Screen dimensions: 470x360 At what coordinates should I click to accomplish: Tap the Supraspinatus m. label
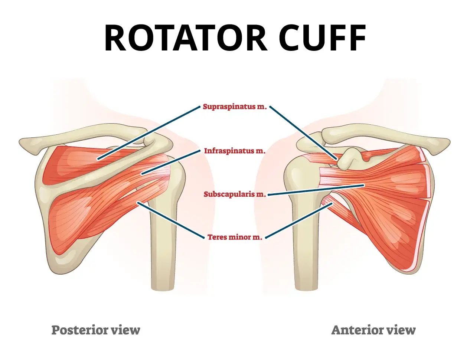click(235, 107)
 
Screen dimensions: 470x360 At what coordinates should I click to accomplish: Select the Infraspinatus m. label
click(235, 151)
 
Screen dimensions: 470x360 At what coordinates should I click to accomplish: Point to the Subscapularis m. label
click(235, 194)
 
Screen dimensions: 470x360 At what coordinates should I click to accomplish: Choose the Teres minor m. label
click(235, 237)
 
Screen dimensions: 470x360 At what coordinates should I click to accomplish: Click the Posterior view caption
click(96, 330)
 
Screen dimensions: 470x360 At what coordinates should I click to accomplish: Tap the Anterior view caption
click(373, 330)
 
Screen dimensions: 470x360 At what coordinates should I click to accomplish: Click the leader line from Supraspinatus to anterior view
click(303, 133)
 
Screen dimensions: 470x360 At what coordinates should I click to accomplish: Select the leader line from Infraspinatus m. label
click(171, 162)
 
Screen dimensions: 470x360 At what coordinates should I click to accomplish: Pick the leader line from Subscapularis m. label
click(316, 190)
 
